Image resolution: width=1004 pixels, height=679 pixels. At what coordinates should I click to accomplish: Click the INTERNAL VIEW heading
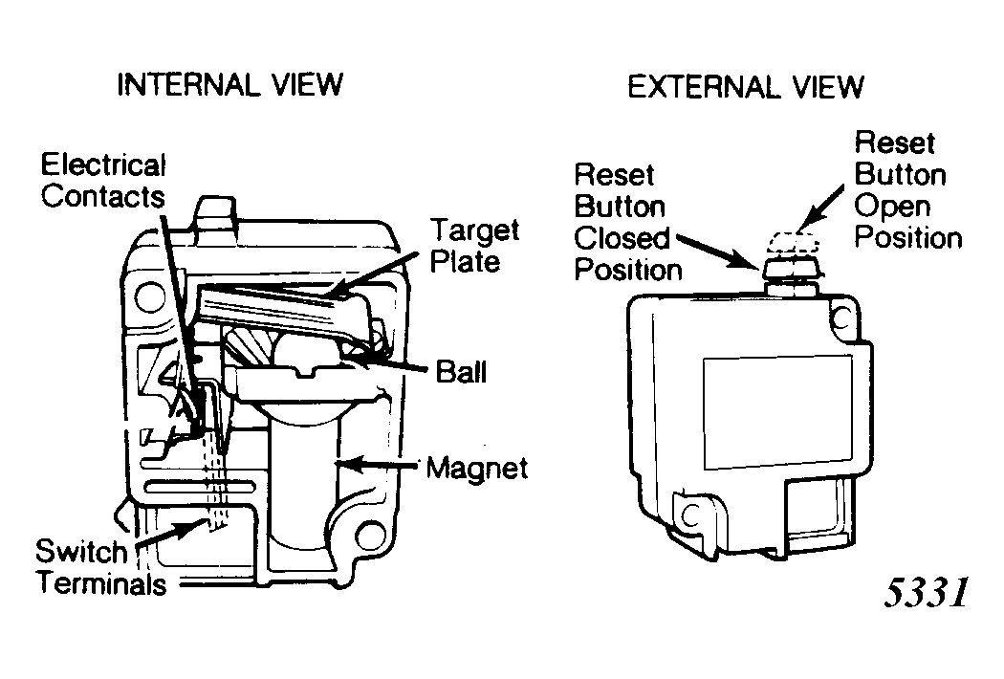229,84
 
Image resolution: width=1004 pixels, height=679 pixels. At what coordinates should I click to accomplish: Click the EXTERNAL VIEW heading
745,87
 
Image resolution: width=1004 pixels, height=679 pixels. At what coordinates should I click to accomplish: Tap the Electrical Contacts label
103,181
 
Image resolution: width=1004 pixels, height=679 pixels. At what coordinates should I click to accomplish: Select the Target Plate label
474,247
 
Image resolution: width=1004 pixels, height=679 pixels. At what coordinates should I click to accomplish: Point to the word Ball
461,371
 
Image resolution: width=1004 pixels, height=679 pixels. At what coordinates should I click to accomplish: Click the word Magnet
477,468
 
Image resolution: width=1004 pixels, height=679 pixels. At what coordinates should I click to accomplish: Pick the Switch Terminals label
100,567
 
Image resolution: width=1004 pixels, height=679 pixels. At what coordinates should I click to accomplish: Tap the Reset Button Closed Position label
627,222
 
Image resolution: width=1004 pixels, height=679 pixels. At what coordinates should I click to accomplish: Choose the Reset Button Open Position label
908,190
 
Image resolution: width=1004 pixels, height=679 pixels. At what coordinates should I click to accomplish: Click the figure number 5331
926,592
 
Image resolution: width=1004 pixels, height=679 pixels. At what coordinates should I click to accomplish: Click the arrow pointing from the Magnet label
378,463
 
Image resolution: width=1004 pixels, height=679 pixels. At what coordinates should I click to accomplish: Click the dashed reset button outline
794,242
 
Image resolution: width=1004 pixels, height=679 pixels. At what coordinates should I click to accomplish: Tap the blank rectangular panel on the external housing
778,412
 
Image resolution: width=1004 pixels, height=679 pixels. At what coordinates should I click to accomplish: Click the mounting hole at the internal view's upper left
150,296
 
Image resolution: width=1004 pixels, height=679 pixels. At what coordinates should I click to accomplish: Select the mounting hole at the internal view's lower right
370,536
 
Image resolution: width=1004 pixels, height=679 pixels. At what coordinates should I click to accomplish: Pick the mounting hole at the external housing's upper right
842,318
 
